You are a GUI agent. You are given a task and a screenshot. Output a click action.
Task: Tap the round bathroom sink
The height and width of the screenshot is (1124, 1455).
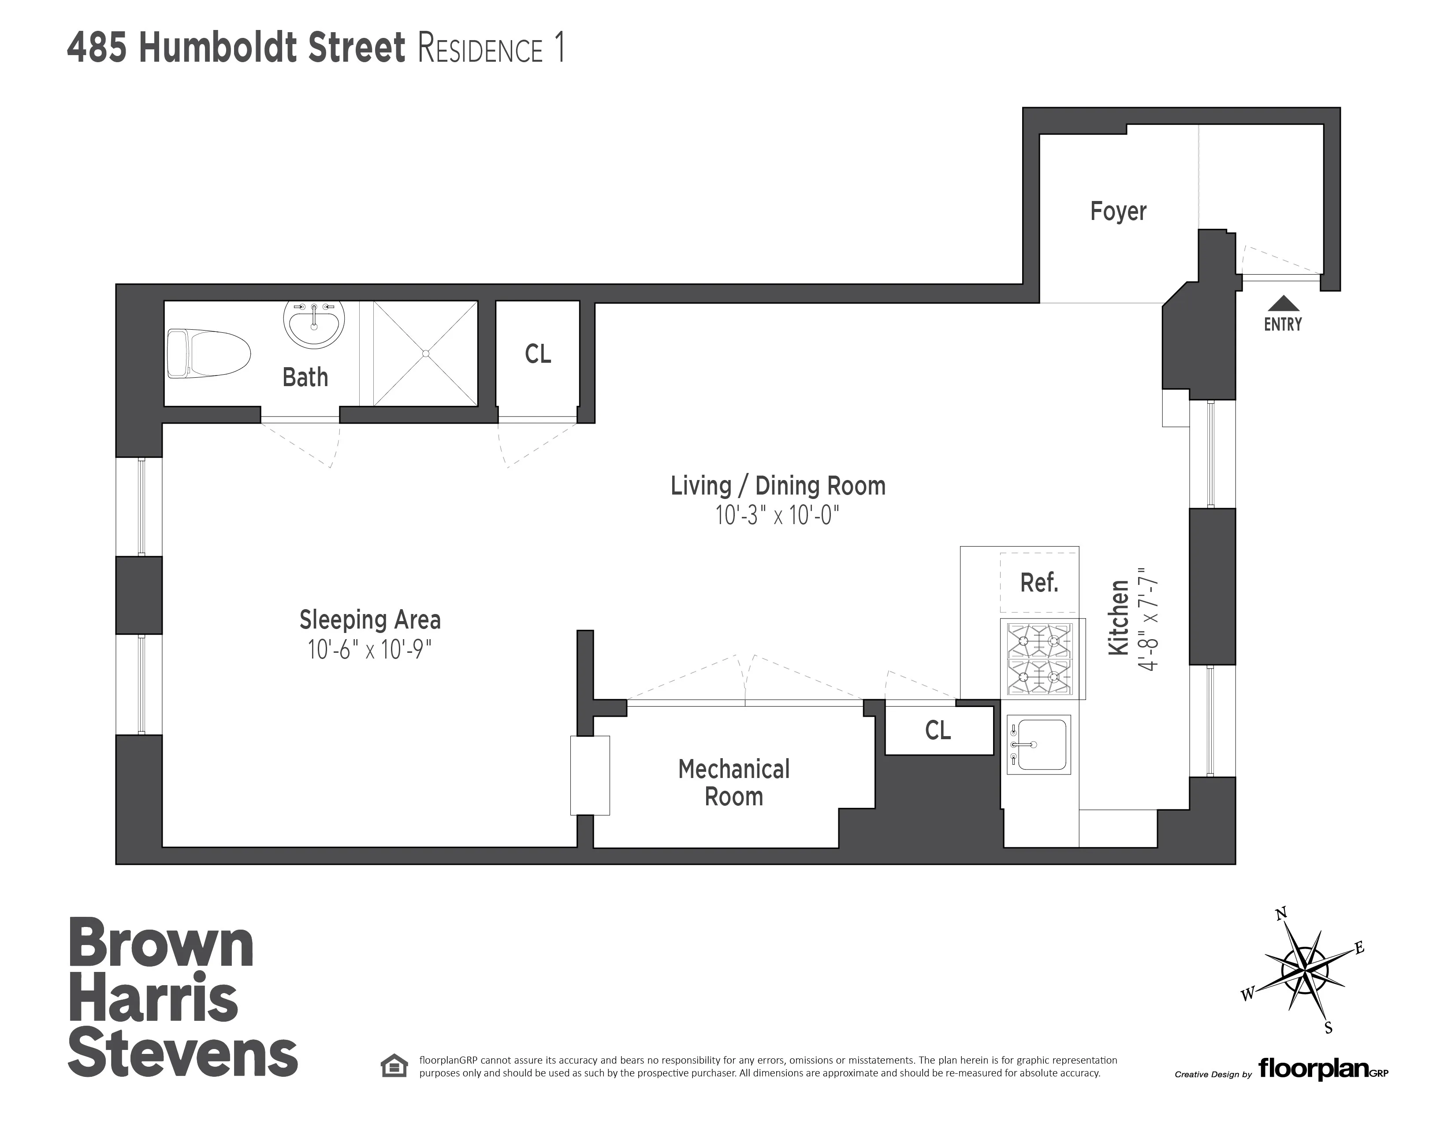(x=314, y=323)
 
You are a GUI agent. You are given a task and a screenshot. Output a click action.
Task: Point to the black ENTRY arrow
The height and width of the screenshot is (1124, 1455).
(x=1283, y=305)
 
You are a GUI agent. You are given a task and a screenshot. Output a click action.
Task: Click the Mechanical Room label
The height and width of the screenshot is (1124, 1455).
(x=733, y=783)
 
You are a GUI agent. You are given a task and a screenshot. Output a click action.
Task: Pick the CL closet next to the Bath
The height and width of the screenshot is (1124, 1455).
(x=538, y=354)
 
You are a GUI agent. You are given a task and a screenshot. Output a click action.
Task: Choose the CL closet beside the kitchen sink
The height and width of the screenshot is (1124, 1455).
(x=938, y=731)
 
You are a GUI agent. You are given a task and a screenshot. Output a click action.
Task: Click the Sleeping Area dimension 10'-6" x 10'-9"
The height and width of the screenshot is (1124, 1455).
(x=370, y=650)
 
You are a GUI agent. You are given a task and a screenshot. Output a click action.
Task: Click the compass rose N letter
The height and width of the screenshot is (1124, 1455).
(x=1280, y=933)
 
